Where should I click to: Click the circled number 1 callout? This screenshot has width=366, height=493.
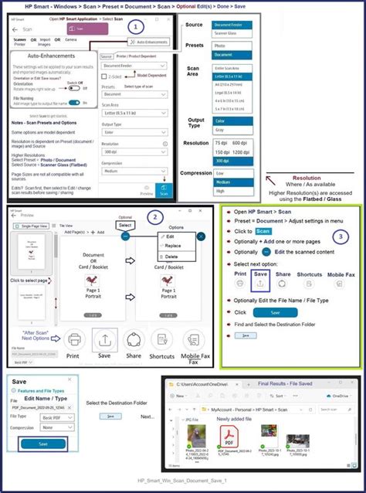coord(137,26)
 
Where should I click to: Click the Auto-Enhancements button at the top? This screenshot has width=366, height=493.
coord(147,41)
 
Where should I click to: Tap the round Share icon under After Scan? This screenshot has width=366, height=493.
coord(134,338)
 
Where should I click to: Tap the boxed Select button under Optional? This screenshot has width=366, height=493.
coord(125,224)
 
